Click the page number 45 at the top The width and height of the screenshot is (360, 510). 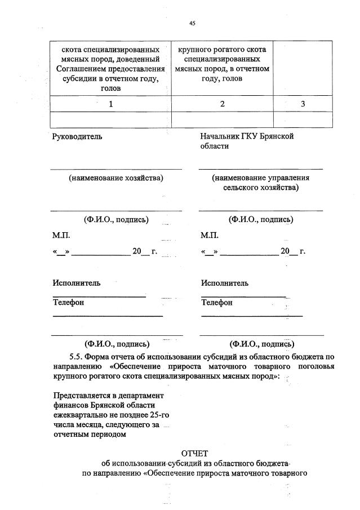pos(192,23)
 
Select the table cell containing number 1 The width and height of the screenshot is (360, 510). pos(110,104)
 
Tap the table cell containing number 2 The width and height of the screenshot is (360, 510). pos(222,104)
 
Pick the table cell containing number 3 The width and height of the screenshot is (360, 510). pos(302,104)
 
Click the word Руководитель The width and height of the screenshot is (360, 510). pos(77,136)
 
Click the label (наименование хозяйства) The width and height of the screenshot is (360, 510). pos(116,178)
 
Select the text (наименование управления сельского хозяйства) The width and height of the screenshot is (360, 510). pos(260,183)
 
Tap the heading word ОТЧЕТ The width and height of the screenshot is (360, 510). pos(195,453)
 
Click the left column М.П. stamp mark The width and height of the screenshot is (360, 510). pos(61,235)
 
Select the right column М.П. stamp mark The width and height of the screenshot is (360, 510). pos(210,235)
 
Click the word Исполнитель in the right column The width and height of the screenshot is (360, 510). pos(225,283)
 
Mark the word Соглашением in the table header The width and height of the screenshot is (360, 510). pos(81,69)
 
